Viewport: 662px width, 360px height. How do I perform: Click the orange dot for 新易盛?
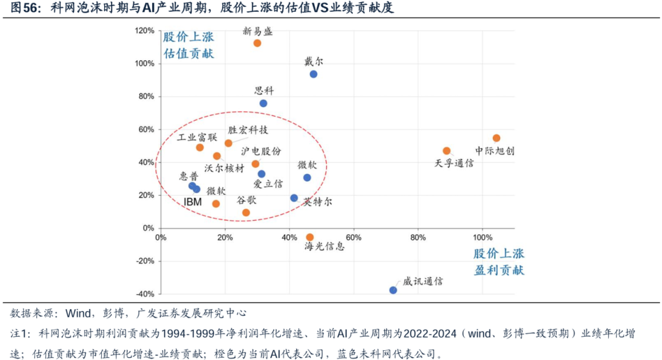point(257,43)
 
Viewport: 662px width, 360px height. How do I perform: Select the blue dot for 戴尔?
point(313,74)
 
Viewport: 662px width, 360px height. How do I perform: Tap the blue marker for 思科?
point(263,103)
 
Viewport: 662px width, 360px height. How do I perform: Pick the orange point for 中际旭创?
point(496,138)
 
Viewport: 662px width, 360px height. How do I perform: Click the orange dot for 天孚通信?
point(446,151)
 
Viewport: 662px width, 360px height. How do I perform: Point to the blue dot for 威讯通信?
point(393,290)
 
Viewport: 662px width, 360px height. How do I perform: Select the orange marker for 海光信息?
point(310,237)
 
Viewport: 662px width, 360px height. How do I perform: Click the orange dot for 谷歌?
point(246,213)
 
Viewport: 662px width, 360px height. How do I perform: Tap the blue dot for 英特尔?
point(294,198)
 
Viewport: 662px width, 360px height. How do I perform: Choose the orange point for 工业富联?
point(200,147)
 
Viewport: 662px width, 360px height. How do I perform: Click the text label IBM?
point(193,202)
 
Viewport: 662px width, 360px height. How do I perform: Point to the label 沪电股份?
point(261,151)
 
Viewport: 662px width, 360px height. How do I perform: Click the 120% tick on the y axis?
point(145,31)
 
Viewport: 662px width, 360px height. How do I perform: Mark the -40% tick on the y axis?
point(145,294)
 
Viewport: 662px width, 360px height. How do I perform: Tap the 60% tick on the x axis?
point(354,237)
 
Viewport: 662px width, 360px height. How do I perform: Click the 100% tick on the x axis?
point(482,237)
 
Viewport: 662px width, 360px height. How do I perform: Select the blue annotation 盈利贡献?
point(499,270)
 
